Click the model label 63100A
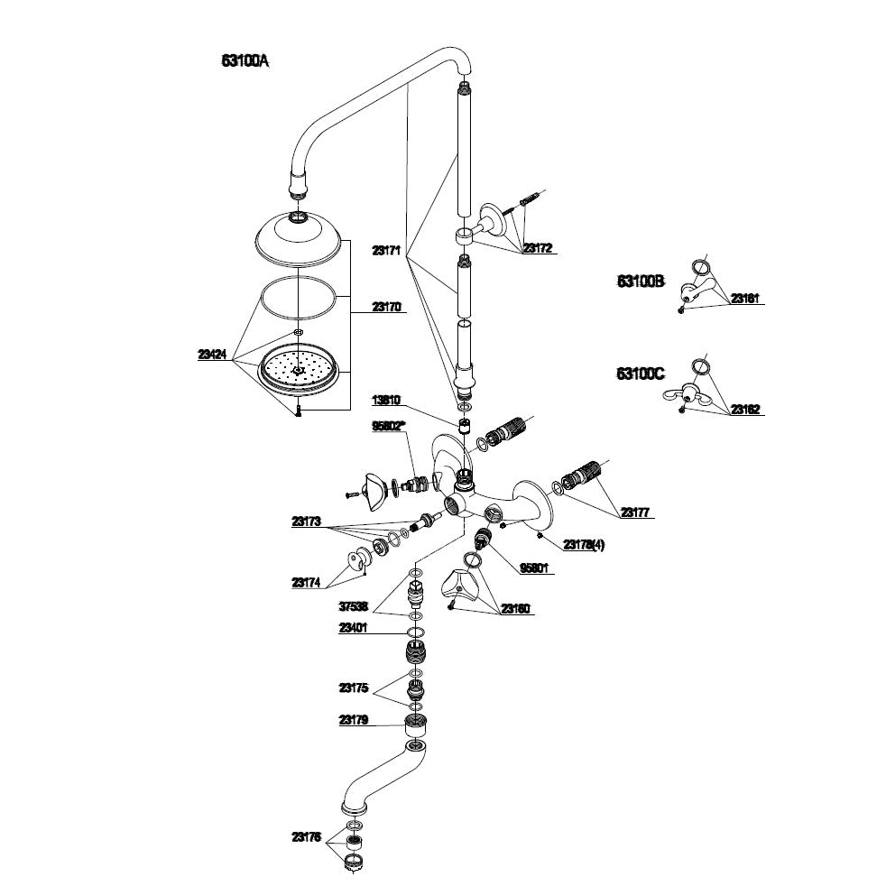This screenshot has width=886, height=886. [245, 61]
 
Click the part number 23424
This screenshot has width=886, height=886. [212, 355]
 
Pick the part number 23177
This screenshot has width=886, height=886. [634, 512]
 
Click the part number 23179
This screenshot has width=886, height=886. [353, 720]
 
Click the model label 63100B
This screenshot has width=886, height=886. [641, 281]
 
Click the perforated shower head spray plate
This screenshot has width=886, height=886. [299, 371]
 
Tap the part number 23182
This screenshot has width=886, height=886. [746, 410]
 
